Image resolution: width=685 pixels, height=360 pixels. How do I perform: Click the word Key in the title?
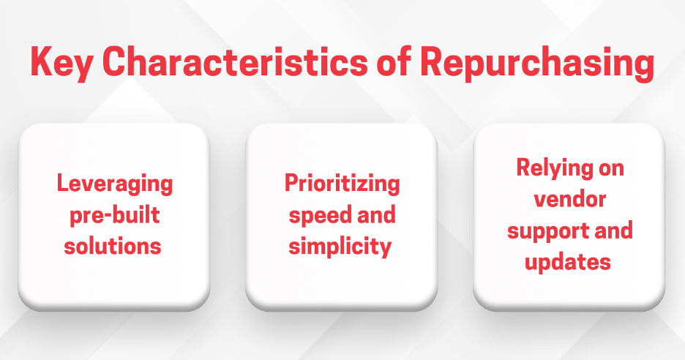point(61,62)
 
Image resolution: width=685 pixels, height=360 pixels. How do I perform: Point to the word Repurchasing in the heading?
point(537,62)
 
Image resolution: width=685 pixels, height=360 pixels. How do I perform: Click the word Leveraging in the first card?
point(115,184)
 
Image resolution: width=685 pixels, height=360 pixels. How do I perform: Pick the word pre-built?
point(115,215)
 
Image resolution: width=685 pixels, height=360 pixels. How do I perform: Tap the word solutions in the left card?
point(113,246)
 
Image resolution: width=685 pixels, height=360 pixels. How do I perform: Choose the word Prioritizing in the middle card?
point(342,184)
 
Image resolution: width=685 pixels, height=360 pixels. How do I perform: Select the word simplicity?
point(340,247)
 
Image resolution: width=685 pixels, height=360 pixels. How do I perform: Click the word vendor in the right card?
point(570,199)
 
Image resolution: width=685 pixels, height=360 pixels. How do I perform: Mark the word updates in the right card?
point(568,263)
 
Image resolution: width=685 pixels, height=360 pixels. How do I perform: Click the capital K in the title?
point(41,61)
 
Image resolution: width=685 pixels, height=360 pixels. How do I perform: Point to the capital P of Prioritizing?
point(291,182)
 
